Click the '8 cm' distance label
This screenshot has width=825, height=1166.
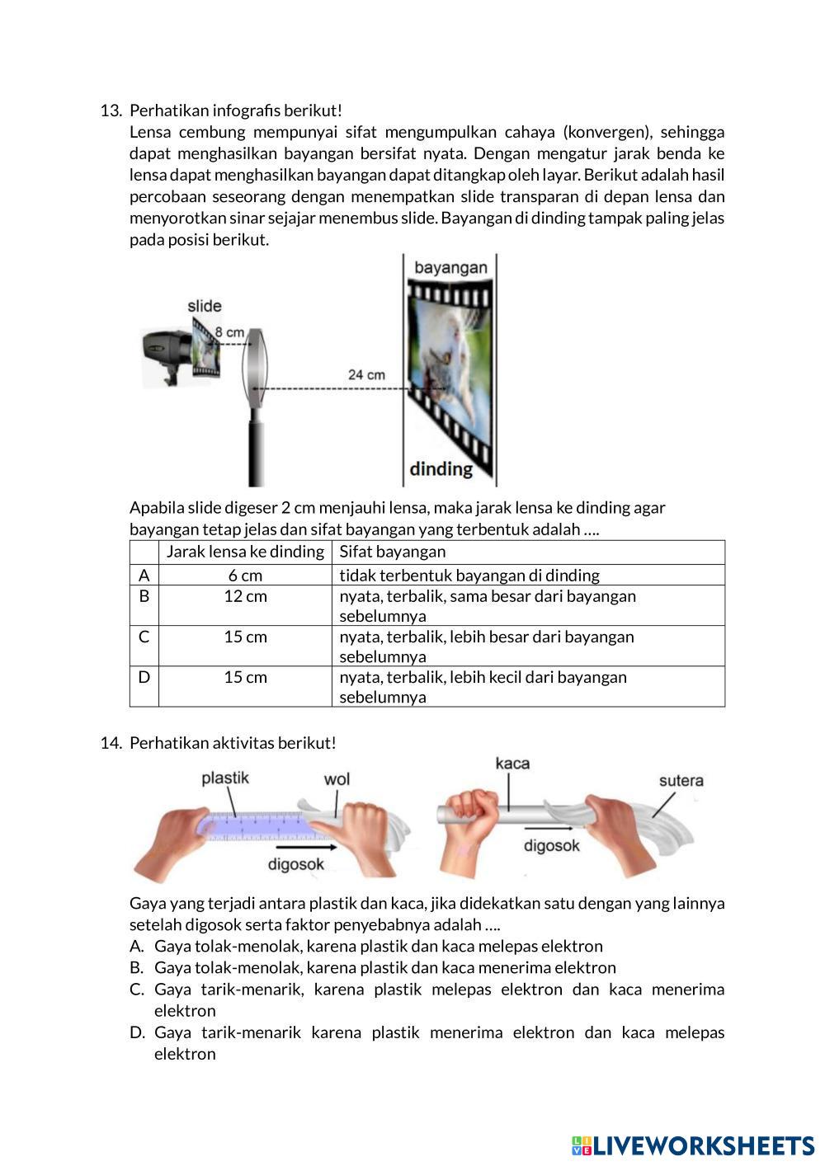tap(229, 332)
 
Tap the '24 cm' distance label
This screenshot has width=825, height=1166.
tap(366, 374)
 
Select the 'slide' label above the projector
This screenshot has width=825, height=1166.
tap(205, 306)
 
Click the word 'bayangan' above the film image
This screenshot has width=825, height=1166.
tap(450, 268)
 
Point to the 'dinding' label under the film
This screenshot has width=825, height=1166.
tap(441, 469)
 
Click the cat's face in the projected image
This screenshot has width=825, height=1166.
tap(442, 363)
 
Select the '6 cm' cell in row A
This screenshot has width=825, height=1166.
tap(245, 576)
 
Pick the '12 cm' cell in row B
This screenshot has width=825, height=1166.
tap(245, 596)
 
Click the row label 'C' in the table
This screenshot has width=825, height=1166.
tap(144, 637)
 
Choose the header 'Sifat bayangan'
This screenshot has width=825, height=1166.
tap(392, 552)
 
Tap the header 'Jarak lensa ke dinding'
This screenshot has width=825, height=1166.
tap(245, 552)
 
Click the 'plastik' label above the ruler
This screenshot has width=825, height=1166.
tap(224, 778)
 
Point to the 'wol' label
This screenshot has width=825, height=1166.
tap(337, 779)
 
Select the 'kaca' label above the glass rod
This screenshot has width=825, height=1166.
tap(512, 764)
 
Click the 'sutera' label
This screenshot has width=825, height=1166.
tap(681, 781)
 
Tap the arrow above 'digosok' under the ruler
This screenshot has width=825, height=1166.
tap(304, 847)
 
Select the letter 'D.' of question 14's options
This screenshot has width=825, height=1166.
tap(137, 1032)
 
